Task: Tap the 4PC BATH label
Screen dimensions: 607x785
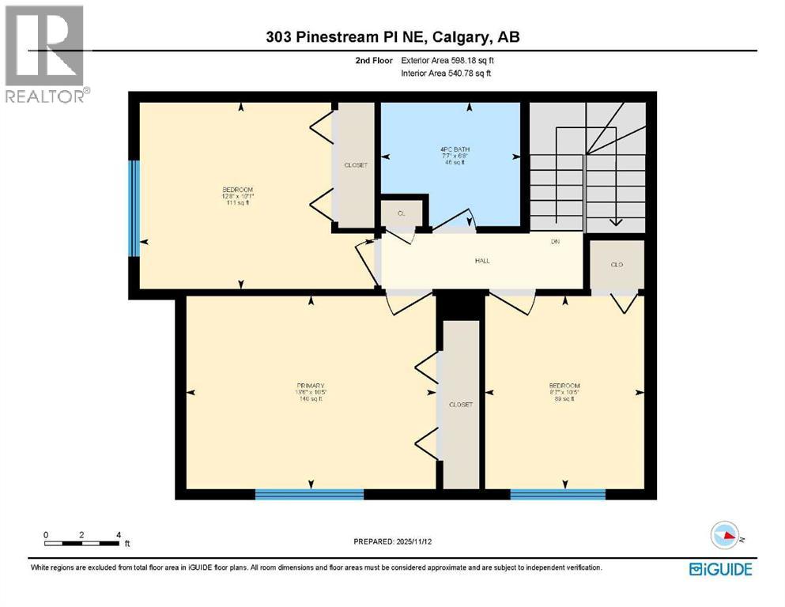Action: [x=451, y=154]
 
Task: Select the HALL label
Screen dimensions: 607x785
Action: [x=481, y=261]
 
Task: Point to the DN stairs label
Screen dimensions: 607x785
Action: [x=555, y=242]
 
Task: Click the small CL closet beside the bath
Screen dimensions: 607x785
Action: [x=402, y=213]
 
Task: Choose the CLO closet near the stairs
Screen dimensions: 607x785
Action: [x=617, y=265]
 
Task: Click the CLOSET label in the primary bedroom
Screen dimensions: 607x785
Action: [x=461, y=405]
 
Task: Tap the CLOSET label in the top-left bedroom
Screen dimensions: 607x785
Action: [x=355, y=165]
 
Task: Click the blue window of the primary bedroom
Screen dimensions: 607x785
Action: [x=309, y=495]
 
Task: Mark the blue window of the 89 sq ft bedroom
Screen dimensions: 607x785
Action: [x=557, y=495]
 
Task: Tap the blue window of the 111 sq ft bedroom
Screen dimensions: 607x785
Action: [x=134, y=209]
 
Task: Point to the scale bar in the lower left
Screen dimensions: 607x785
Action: [x=82, y=543]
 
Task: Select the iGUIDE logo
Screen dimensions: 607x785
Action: [x=720, y=569]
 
